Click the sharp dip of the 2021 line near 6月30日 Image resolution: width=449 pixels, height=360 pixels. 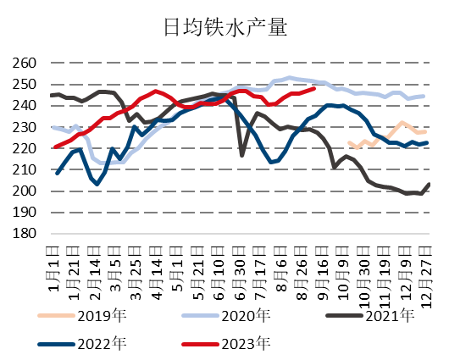pyautogui.click(x=241, y=155)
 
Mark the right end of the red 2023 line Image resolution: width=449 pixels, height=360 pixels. pyautogui.click(x=315, y=88)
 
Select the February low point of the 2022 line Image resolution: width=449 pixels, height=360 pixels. pyautogui.click(x=97, y=184)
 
